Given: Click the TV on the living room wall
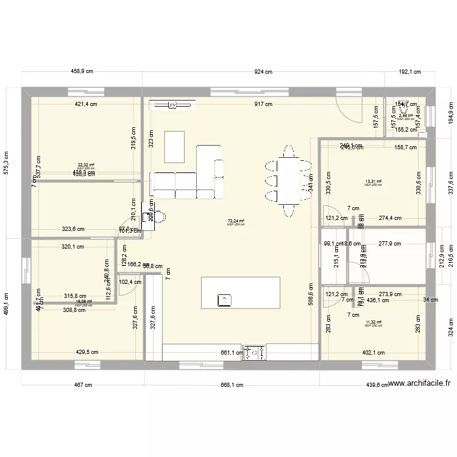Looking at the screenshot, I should [173, 105].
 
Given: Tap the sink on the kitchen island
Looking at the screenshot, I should [225, 299].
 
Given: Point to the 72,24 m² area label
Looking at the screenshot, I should [236, 221].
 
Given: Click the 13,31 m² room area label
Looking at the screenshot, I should [373, 182].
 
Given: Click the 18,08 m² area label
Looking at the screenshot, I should [83, 301].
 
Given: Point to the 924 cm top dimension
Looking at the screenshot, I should [263, 72].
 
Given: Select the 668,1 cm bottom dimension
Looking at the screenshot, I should [232, 385].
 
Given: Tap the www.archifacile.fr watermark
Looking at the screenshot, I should [419, 383].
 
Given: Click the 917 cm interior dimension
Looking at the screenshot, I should [263, 104].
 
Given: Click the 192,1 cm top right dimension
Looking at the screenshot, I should [409, 72].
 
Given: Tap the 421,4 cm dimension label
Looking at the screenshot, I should [87, 104].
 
